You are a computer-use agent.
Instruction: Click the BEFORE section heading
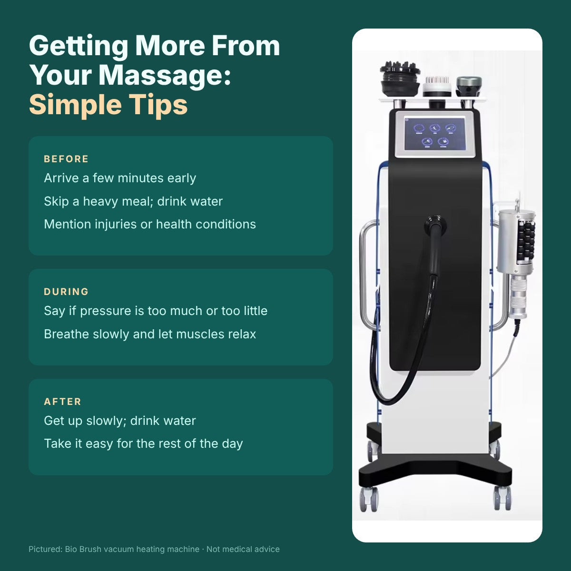coord(66,159)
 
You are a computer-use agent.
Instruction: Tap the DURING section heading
coord(66,292)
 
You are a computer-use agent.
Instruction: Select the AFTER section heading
coord(62,402)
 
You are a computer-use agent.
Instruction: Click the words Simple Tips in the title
coord(108,105)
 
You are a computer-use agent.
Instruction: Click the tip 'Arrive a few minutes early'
coord(120,178)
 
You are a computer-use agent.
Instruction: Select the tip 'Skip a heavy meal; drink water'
coord(133,201)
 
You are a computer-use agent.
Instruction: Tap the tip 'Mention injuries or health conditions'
coord(150,224)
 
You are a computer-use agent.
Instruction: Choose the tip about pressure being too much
coord(156,311)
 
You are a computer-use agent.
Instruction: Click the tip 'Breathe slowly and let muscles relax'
coord(150,334)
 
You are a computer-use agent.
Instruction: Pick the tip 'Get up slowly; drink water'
coord(120,421)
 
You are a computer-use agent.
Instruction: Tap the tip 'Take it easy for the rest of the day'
coord(143,443)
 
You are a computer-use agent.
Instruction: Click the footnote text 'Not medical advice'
coord(243,549)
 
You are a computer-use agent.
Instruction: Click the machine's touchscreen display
coord(435,134)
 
